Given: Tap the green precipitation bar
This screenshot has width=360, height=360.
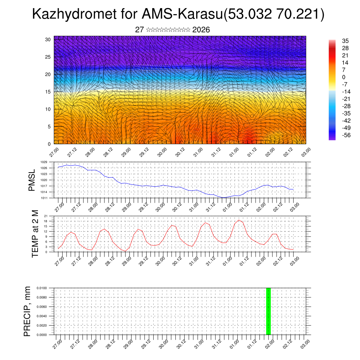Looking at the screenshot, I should coord(268,311).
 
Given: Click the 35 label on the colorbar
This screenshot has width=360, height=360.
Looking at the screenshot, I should coord(345,41).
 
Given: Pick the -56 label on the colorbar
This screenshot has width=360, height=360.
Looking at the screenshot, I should coord(346,135).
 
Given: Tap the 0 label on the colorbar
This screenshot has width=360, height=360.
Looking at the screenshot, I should coord(344,77).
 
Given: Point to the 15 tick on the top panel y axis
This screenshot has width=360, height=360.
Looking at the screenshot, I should coord(49,92).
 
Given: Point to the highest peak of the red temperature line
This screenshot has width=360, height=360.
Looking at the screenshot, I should coord(239,220).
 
